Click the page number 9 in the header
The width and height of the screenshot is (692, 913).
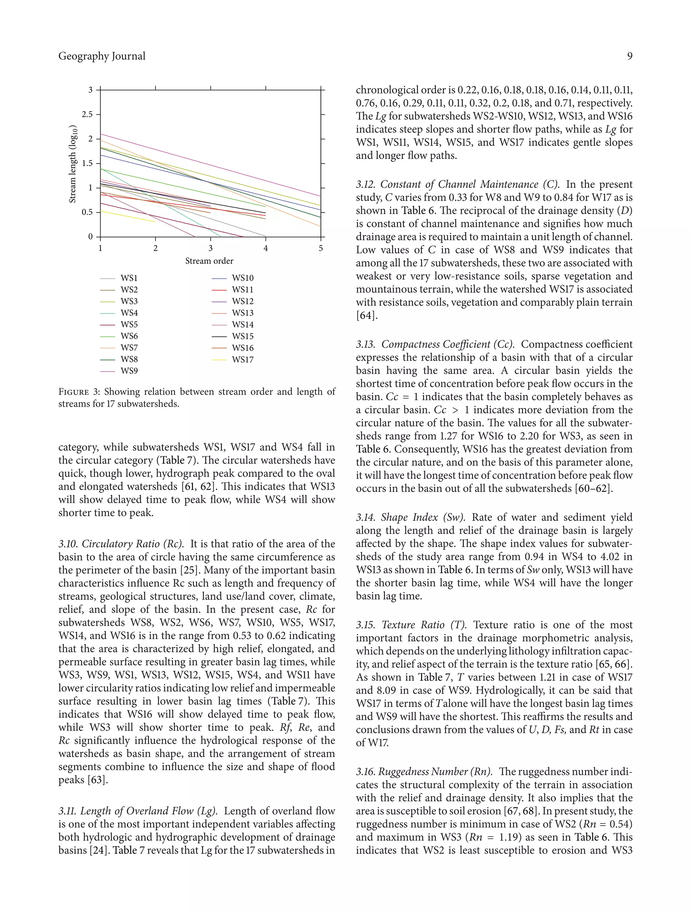pos(629,56)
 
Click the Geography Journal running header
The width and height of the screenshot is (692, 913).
pos(102,56)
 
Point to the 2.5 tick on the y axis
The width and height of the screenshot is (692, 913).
pos(87,114)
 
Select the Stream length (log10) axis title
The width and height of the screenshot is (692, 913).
pos(73,163)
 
